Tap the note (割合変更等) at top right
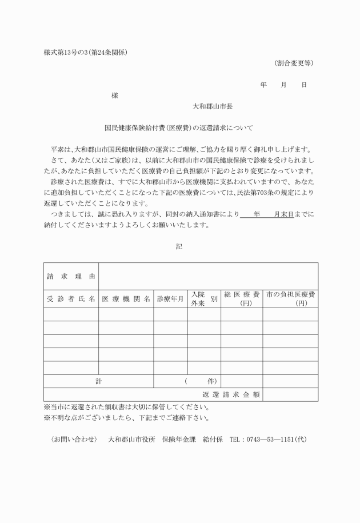pos(293,63)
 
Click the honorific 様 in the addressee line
pos(114,95)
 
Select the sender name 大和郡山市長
pos(212,106)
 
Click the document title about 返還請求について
pos(178,128)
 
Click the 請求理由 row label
pos(71,277)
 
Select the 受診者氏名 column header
pos(71,299)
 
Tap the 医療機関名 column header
pos(126,299)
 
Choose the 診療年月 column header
pos(170,299)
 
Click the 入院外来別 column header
pos(204,299)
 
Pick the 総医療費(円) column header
pos(242,299)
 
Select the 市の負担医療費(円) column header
pos(290,299)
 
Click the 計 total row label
pos(98,381)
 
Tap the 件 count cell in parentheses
pos(204,381)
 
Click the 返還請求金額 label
pos(231,394)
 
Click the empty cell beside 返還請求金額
pos(290,394)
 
